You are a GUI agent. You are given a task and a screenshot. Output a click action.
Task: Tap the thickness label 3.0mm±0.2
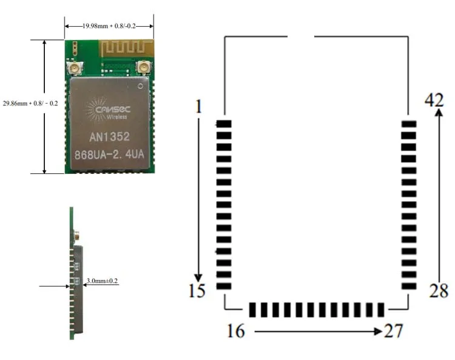point(103,281)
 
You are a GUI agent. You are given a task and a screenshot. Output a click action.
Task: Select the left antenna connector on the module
point(75,68)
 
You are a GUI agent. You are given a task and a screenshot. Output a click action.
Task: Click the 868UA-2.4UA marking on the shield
point(109,154)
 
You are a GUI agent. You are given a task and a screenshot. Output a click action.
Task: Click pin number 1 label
point(198,107)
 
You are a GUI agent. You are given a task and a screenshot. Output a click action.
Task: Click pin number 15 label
point(197,291)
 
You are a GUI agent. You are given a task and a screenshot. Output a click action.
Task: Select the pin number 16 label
point(236,331)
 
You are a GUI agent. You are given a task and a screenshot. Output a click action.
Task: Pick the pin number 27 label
point(393,331)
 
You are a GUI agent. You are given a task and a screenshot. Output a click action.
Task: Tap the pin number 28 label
point(439,291)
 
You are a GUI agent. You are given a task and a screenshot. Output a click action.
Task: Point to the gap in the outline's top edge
point(301,36)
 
